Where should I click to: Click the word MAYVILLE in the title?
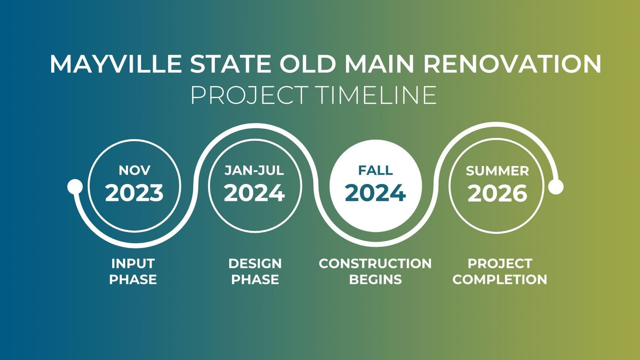(116, 64)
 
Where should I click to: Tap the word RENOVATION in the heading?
(512, 64)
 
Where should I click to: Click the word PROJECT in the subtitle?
(249, 95)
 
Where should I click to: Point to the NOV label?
(134, 170)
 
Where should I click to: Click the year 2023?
(134, 193)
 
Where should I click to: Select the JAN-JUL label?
(254, 170)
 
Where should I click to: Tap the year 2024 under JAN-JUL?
(254, 193)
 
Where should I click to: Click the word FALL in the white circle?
(376, 170)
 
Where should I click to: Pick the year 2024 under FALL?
(376, 193)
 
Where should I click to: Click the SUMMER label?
(497, 171)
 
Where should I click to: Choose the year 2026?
(497, 194)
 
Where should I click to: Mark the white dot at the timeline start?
(75, 186)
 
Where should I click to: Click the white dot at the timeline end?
(556, 187)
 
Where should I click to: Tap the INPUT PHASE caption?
(133, 272)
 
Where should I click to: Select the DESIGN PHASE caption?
(255, 272)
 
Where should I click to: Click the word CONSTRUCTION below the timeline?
(375, 264)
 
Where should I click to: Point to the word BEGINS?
(376, 280)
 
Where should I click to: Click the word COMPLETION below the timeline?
(500, 280)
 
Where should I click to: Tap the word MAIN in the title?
(380, 64)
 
